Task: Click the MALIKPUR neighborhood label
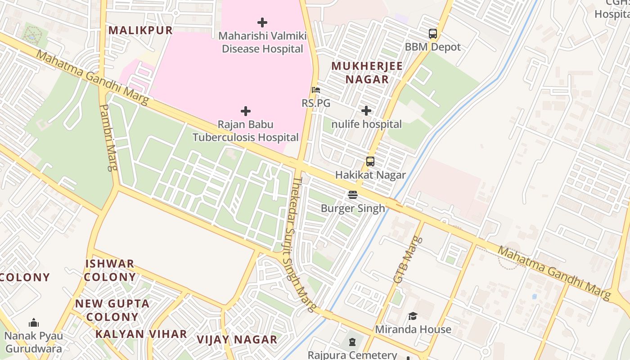tap(140, 30)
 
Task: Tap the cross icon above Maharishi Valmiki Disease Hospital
tap(262, 22)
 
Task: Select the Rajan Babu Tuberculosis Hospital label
tap(246, 131)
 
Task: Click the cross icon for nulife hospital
tap(366, 111)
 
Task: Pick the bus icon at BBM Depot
tap(432, 34)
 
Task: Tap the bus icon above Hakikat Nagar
tap(370, 162)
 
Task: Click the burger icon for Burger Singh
tap(353, 195)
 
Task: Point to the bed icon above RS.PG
tap(316, 90)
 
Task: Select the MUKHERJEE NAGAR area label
tap(367, 72)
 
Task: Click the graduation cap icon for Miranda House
tap(413, 316)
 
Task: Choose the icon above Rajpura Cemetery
tap(352, 342)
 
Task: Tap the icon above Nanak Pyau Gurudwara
tap(34, 323)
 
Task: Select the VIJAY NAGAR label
tap(237, 340)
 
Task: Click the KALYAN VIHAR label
tap(141, 334)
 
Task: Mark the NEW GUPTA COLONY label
tap(112, 310)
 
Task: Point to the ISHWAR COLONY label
tap(110, 270)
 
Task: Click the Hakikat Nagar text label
tap(370, 175)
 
